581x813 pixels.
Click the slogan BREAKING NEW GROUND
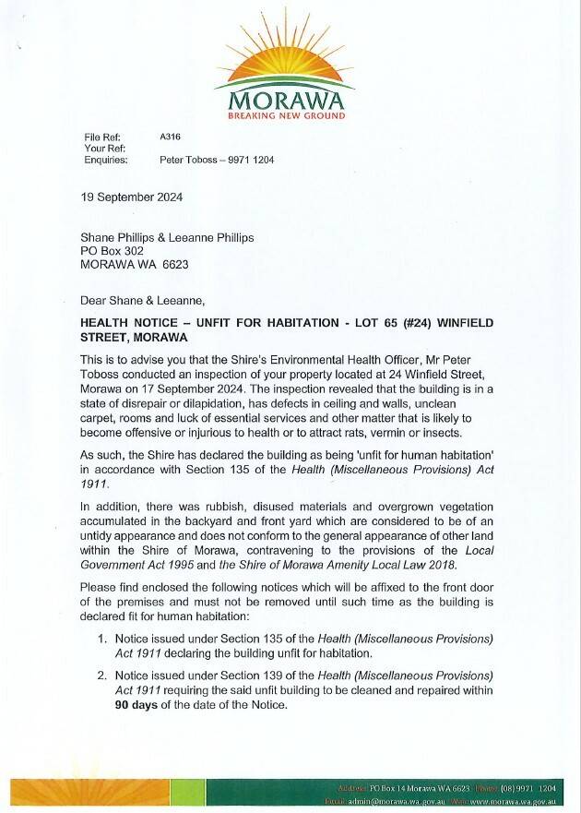click(x=286, y=116)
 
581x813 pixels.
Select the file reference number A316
click(x=170, y=137)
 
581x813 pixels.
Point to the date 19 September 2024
click(x=132, y=197)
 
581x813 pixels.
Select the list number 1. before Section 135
click(x=102, y=639)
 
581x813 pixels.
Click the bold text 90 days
click(x=107, y=706)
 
